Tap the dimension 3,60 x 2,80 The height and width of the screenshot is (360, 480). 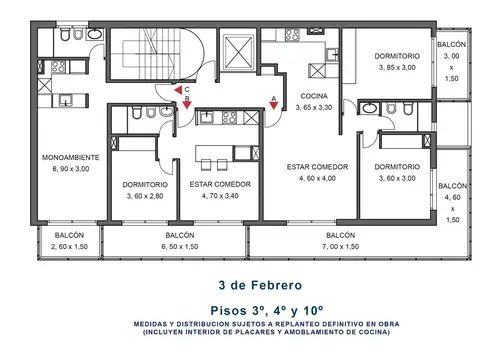(145, 196)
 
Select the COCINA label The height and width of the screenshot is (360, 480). (314, 95)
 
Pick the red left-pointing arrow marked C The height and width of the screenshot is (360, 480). (177, 90)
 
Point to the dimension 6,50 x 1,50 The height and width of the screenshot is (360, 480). (179, 246)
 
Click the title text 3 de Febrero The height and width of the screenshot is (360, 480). (240, 283)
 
